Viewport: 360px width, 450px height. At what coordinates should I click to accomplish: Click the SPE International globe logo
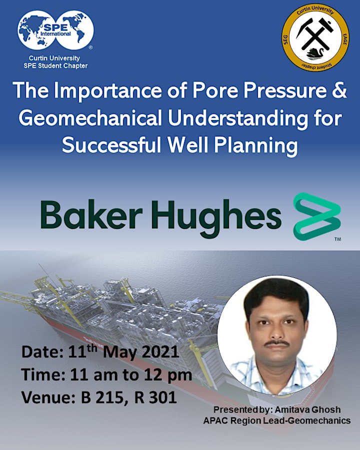click(55, 30)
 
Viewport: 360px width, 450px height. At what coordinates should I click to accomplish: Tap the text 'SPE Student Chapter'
click(55, 65)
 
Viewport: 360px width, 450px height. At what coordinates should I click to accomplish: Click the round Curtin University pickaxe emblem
click(315, 37)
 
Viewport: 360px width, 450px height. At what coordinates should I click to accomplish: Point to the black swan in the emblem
click(315, 53)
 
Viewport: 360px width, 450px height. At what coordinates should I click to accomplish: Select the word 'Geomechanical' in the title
click(90, 118)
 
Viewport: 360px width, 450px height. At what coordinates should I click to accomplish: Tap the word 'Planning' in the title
click(256, 145)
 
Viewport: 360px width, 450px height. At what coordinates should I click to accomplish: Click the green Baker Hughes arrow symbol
click(317, 216)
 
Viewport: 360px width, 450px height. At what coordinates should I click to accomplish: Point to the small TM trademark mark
click(337, 239)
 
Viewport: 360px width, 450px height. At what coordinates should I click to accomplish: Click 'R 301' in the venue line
click(155, 397)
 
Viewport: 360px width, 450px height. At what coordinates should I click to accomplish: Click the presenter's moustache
click(276, 342)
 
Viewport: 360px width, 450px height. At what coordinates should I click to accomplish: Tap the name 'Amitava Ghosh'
click(307, 409)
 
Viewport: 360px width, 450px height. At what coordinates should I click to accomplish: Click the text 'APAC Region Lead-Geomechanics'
click(276, 420)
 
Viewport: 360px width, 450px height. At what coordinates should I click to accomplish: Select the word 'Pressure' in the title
click(285, 90)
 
